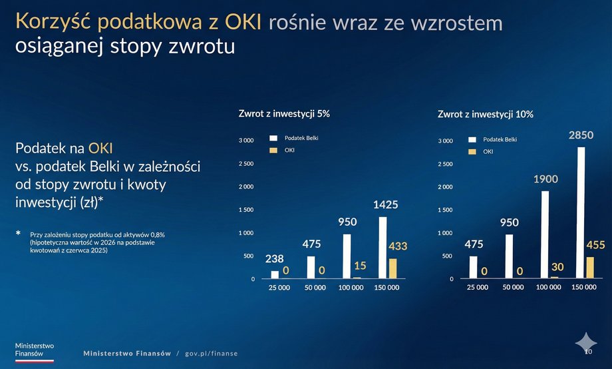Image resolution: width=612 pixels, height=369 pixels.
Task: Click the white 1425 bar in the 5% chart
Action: (x=382, y=247)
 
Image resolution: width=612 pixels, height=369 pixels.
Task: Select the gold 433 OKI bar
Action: (x=392, y=268)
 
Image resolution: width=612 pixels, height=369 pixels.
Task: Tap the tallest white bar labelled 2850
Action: (x=581, y=212)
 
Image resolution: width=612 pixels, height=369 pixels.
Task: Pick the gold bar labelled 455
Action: (x=591, y=268)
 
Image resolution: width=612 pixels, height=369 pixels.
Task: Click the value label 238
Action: (x=274, y=258)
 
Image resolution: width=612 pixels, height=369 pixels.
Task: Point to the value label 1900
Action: (x=545, y=179)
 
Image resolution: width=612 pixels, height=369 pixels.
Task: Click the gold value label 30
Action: (x=557, y=266)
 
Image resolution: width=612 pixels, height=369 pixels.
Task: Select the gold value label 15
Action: (x=360, y=266)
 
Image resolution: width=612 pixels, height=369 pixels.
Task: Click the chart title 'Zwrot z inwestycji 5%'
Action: (x=284, y=114)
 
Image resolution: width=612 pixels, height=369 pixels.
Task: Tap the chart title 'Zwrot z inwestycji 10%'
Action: (x=486, y=115)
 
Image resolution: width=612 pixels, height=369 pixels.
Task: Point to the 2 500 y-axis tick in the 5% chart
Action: (x=246, y=164)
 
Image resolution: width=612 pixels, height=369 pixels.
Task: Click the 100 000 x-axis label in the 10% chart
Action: (x=551, y=288)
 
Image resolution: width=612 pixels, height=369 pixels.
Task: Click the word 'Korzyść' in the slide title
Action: (x=53, y=22)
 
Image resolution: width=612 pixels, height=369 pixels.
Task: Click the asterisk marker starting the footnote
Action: (x=18, y=234)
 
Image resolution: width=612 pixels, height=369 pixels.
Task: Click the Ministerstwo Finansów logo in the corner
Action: (x=35, y=351)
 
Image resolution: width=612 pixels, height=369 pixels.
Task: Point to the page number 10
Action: (x=588, y=350)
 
